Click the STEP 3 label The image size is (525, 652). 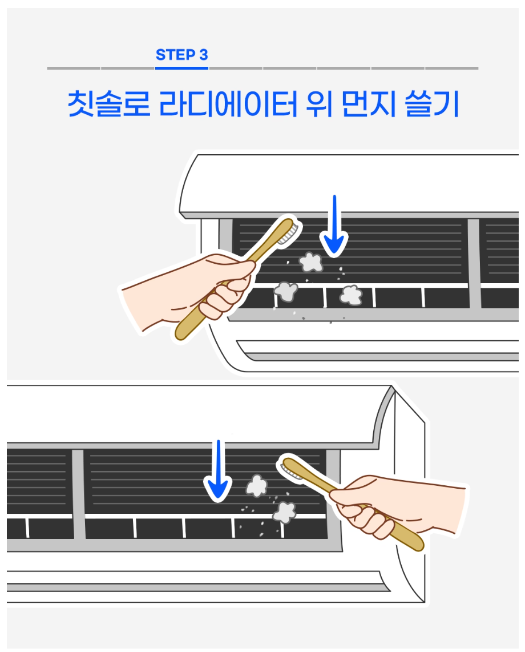click(x=181, y=54)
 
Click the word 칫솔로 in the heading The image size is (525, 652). click(x=109, y=103)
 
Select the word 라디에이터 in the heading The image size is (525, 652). click(x=228, y=103)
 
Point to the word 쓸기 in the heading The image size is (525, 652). click(x=432, y=103)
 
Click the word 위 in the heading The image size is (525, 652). click(x=319, y=103)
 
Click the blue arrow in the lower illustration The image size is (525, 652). click(x=218, y=470)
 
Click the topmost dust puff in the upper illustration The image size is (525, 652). click(x=311, y=261)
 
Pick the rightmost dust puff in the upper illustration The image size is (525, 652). click(x=352, y=295)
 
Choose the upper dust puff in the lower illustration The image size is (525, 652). click(x=256, y=486)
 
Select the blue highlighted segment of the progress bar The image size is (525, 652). click(x=181, y=68)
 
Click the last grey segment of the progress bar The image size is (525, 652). click(x=452, y=68)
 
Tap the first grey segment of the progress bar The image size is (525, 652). click(x=74, y=68)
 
